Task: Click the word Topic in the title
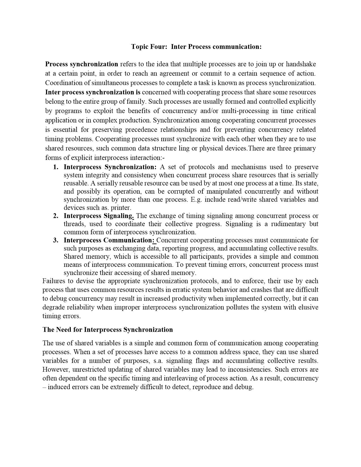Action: click(x=139, y=47)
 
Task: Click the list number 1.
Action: click(x=55, y=167)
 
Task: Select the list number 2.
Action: click(x=55, y=216)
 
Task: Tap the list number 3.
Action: click(x=55, y=240)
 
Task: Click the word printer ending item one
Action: click(x=121, y=208)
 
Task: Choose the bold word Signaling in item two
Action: click(x=119, y=216)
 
